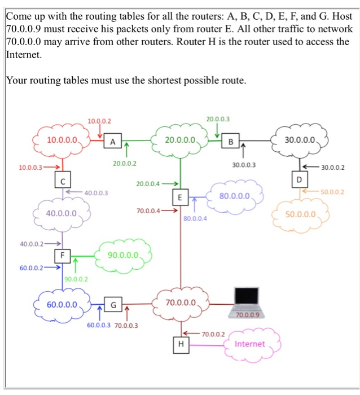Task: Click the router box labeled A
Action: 113,142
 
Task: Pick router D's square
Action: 300,180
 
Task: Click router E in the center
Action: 179,197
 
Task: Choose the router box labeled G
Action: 113,306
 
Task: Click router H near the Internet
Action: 181,343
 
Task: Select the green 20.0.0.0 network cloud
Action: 181,139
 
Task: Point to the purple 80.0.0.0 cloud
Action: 235,196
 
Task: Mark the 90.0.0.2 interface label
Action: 76,279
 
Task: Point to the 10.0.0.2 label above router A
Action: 100,121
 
